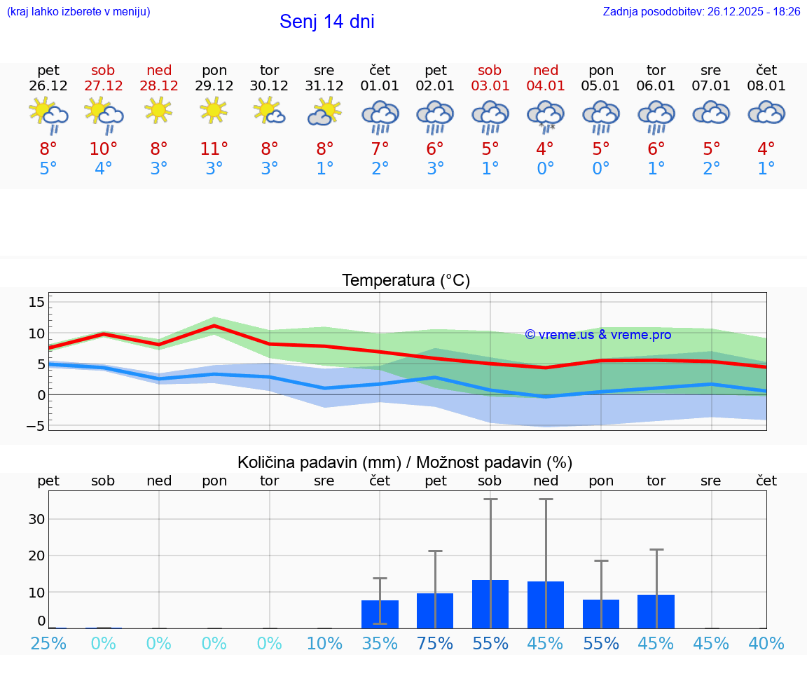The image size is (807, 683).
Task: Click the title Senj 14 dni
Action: coord(326,22)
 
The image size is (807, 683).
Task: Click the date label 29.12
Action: coord(214,86)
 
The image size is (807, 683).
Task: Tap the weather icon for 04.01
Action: coord(545,115)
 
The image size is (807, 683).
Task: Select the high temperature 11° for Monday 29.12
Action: coord(214,149)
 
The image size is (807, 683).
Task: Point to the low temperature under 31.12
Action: coord(324,169)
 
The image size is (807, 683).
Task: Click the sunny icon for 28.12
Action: coord(159,110)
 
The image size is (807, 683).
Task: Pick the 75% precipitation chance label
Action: coord(435,643)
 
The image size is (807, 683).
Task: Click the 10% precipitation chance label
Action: coord(324,643)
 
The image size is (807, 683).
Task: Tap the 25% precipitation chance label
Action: coord(48,643)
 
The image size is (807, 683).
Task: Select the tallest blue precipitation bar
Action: coord(490,604)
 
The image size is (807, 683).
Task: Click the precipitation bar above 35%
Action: coord(380,614)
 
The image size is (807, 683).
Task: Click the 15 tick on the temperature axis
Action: coord(36,302)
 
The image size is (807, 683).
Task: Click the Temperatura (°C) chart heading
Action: coord(406,281)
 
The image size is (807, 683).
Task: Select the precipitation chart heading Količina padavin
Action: coord(405,462)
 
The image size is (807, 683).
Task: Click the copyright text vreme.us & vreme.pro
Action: coord(598,335)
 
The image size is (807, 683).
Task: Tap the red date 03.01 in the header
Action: coord(490,86)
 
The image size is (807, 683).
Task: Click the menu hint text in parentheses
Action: coord(78,12)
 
